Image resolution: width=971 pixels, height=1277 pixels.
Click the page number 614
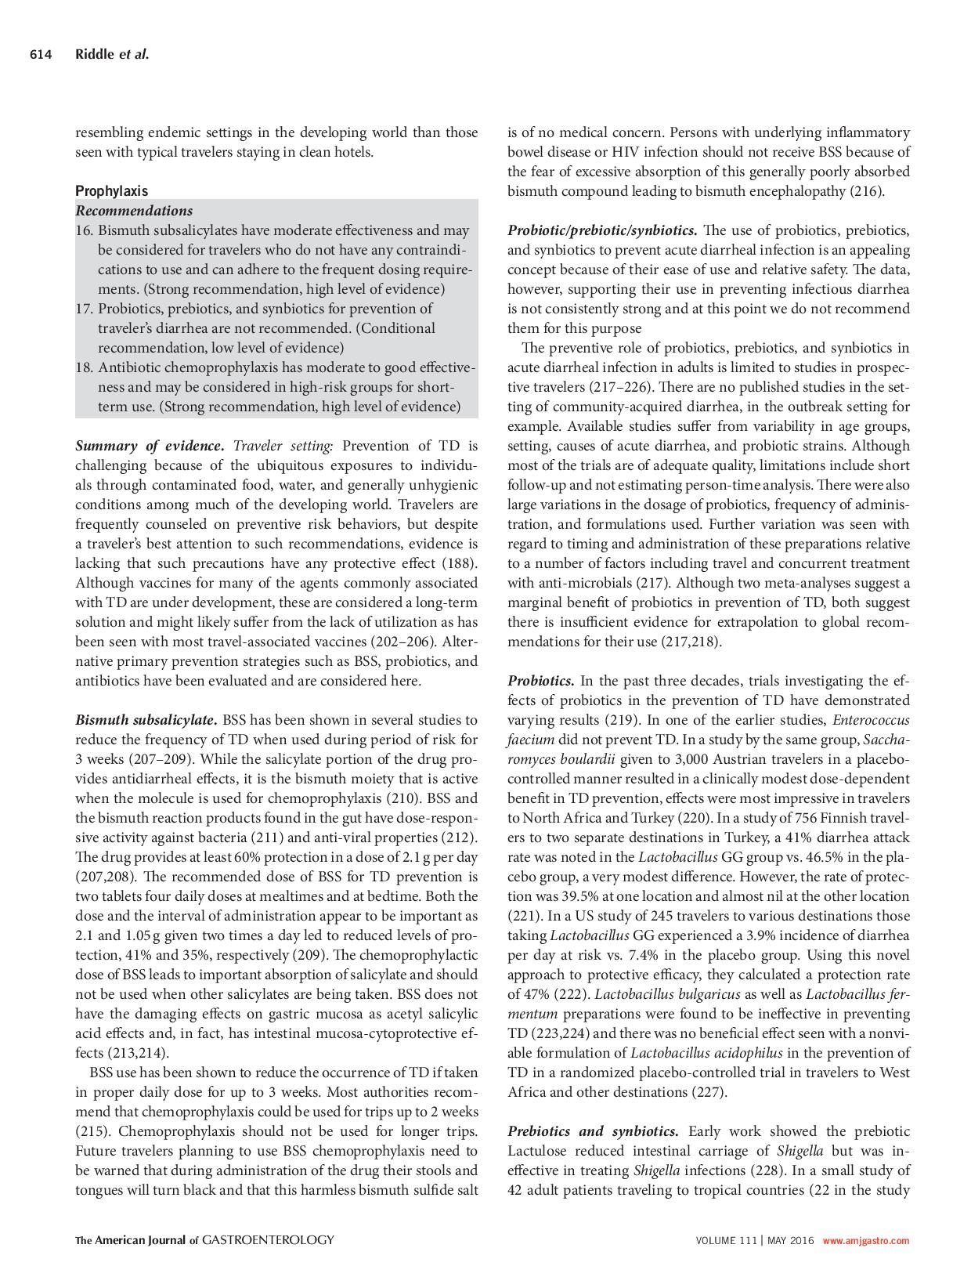tap(41, 54)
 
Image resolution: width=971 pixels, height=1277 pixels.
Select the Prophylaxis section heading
tap(111, 190)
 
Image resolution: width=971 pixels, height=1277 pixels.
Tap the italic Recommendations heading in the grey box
tap(134, 210)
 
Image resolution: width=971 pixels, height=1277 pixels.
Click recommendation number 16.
tap(84, 230)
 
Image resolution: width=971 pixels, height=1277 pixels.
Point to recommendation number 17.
tap(84, 309)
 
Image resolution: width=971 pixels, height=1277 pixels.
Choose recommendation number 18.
tap(84, 367)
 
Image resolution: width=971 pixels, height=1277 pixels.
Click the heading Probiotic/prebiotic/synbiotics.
tap(602, 230)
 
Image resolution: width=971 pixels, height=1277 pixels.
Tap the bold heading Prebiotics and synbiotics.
tap(593, 1131)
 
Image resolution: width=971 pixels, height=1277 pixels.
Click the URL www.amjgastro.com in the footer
tap(865, 1240)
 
